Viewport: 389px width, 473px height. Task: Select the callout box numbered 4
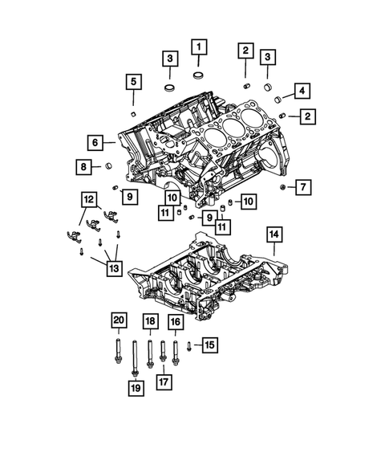tap(302, 90)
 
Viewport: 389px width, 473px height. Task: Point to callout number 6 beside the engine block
tap(95, 143)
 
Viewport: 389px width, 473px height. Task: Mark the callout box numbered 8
tap(84, 166)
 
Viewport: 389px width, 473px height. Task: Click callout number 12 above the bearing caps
tap(88, 198)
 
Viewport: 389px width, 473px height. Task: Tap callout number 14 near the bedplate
tap(274, 234)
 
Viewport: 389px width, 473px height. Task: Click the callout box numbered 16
tap(175, 322)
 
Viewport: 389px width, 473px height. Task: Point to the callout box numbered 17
tap(163, 382)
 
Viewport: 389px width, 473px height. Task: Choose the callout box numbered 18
tap(150, 322)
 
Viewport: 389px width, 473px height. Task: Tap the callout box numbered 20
tap(119, 321)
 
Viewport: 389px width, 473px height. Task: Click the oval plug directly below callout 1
tap(197, 76)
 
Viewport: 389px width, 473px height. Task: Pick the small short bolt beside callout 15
tap(188, 346)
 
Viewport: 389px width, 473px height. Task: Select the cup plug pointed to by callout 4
tap(278, 99)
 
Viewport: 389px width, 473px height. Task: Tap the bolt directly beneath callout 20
tap(120, 353)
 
